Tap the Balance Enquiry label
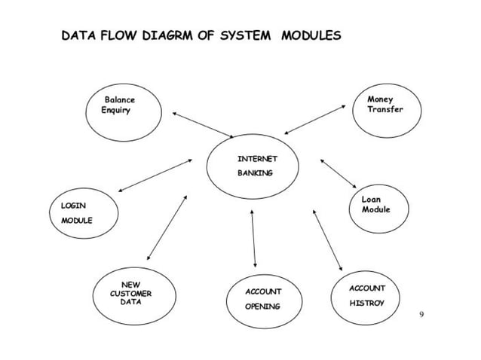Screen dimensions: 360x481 118,105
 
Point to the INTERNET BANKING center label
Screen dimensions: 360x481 257,166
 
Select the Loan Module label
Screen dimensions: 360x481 375,204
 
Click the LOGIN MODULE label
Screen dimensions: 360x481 76,212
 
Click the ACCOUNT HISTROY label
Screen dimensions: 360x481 366,295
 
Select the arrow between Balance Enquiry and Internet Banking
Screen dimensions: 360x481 203,125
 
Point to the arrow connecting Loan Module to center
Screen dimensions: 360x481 338,172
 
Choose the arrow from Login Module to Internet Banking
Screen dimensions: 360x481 155,175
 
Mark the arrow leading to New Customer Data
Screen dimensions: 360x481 167,227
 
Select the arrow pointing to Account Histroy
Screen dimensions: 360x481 327,239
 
